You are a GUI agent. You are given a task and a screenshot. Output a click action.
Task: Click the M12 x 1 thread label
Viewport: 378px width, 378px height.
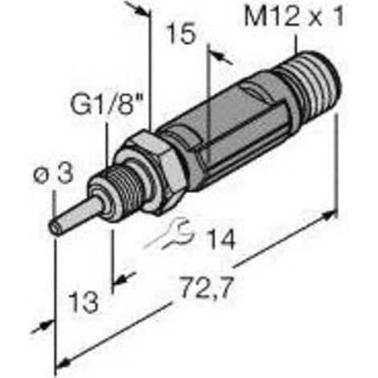coord(294,17)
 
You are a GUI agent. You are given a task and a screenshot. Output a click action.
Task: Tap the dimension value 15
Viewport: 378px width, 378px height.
coord(180,34)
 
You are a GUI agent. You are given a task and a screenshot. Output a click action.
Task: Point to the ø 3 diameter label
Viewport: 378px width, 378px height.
coord(53,174)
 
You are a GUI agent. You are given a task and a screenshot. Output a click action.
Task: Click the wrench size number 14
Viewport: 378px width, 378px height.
coord(221,238)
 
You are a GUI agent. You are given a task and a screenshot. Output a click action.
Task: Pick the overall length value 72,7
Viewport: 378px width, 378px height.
coord(207,287)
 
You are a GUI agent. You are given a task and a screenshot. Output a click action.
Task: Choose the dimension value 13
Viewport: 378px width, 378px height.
coord(83,302)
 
